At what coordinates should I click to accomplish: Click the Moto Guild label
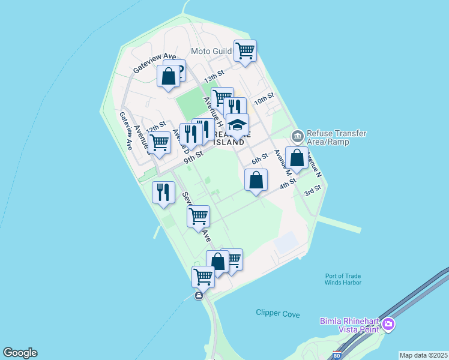pyautogui.click(x=211, y=51)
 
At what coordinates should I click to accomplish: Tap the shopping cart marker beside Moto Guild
pyautogui.click(x=245, y=52)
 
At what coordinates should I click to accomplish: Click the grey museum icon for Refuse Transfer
pyautogui.click(x=297, y=134)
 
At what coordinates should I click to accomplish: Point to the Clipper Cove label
pyautogui.click(x=277, y=313)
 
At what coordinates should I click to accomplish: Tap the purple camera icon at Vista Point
pyautogui.click(x=389, y=325)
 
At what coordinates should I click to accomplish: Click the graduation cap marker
pyautogui.click(x=238, y=126)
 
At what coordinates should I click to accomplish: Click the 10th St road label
pyautogui.click(x=264, y=98)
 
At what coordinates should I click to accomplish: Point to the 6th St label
pyautogui.click(x=259, y=158)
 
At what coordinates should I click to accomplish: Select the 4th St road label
pyautogui.click(x=288, y=183)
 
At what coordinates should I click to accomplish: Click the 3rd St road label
pyautogui.click(x=313, y=191)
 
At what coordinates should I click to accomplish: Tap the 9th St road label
pyautogui.click(x=194, y=157)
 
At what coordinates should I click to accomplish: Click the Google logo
pyautogui.click(x=20, y=353)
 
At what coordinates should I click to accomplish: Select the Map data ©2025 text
pyautogui.click(x=423, y=355)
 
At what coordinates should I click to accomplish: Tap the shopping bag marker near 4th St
pyautogui.click(x=256, y=180)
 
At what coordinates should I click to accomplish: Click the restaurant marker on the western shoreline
pyautogui.click(x=163, y=193)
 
